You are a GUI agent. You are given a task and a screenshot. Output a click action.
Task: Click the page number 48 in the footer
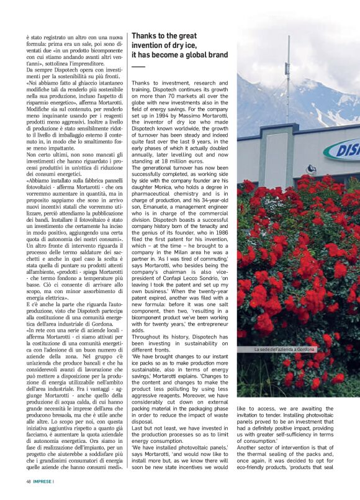29,481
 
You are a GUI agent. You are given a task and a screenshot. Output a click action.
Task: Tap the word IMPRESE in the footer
43,481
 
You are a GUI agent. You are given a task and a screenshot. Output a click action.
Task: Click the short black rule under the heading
138,66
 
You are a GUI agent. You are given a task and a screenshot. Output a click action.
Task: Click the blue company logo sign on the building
343,150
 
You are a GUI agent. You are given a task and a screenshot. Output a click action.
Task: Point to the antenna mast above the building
288,75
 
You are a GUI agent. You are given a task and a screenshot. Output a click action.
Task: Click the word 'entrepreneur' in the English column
210,322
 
